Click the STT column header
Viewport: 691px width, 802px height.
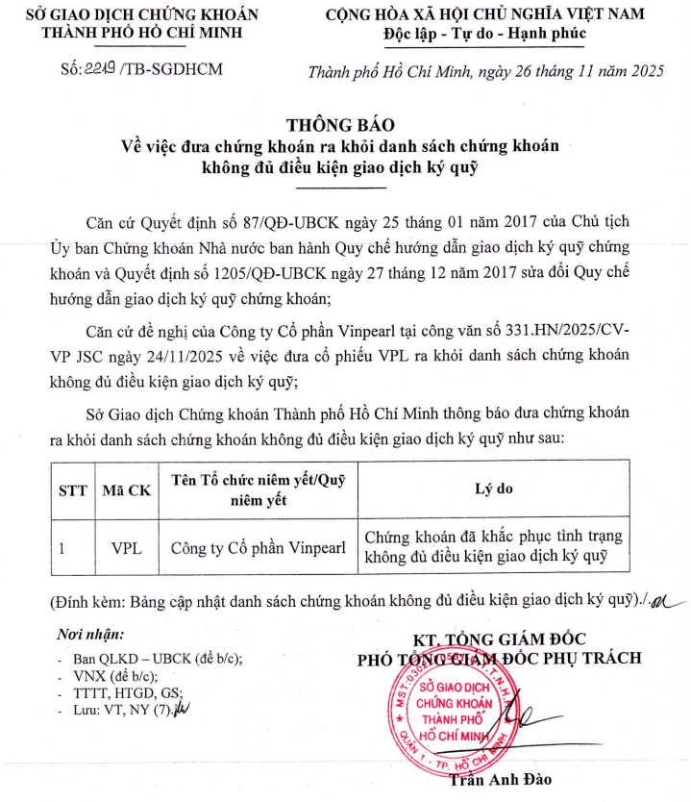(x=73, y=489)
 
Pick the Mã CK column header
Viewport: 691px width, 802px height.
(x=127, y=489)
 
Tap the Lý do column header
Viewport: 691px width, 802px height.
(x=494, y=489)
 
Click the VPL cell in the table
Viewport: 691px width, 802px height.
(x=127, y=548)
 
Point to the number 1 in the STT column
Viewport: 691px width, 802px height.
(x=62, y=548)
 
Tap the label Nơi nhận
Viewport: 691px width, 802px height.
(x=90, y=634)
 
